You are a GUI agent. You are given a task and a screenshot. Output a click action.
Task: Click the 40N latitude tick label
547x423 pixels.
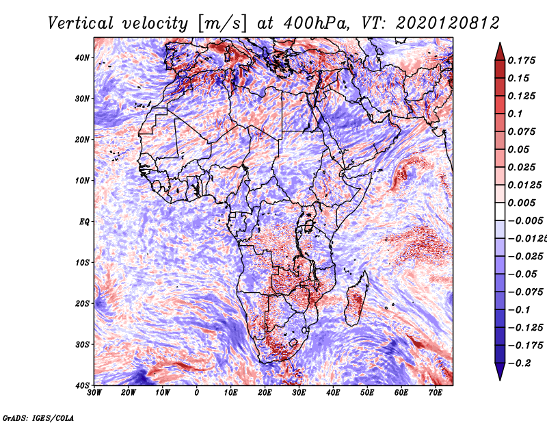82,57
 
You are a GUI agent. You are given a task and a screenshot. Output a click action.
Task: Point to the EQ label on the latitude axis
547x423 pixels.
84,222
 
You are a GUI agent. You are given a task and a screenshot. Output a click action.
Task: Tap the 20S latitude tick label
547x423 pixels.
82,303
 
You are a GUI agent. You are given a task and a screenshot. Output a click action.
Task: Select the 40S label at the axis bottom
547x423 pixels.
82,385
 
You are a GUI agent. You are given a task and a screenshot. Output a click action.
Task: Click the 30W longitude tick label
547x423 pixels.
94,393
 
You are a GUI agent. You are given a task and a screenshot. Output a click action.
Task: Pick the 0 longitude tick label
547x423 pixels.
197,393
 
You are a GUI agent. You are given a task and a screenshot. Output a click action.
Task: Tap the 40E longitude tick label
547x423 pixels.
333,393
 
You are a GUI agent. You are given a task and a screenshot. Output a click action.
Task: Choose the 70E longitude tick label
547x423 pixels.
436,393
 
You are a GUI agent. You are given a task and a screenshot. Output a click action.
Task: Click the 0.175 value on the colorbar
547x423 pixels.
522,60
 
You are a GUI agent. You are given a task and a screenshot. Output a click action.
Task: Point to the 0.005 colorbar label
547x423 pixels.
522,203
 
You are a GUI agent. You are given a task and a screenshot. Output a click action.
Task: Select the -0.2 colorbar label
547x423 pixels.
520,363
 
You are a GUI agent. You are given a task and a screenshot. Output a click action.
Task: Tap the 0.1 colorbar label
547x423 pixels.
516,114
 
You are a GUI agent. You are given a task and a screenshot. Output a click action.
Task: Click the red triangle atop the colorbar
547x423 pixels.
500,52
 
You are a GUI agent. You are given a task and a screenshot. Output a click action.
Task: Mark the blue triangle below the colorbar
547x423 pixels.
500,372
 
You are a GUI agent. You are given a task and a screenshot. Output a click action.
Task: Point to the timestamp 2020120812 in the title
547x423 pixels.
448,23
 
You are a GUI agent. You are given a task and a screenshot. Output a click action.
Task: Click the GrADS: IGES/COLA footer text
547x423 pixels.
38,418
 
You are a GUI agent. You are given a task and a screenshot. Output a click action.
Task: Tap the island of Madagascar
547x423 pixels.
356,300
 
